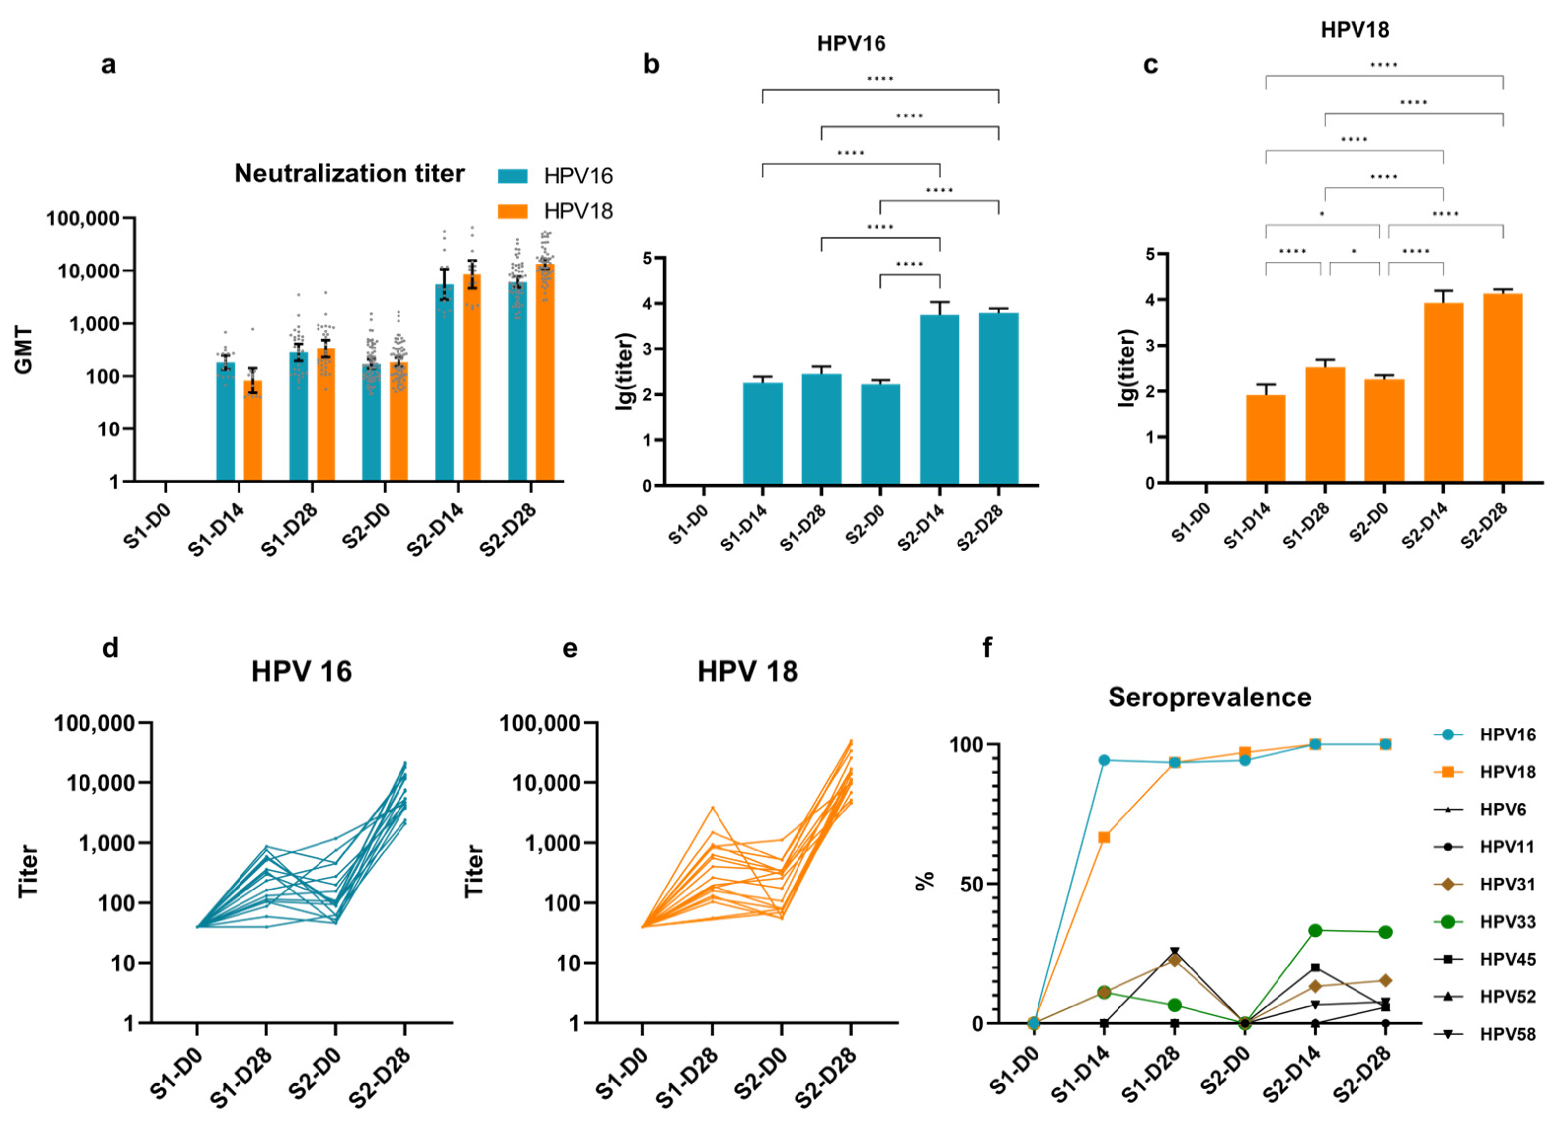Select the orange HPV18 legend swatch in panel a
(x=512, y=211)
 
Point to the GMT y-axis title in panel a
(x=24, y=350)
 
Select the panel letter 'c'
(x=1150, y=65)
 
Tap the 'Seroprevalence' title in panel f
(x=1210, y=697)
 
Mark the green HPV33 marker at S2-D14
(x=1316, y=930)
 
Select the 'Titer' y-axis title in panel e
(x=474, y=872)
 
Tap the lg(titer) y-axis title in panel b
(x=625, y=371)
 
